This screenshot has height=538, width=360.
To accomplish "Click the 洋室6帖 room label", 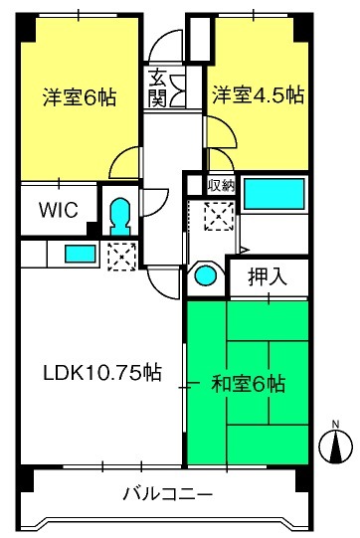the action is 80,96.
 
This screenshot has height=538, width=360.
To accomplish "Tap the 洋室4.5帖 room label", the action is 259,95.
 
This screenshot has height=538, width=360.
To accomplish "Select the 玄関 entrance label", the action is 157,88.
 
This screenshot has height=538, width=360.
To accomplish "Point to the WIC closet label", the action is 59,210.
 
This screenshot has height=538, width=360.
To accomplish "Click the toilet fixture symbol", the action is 120,217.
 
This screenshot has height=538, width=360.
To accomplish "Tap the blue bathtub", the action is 273,194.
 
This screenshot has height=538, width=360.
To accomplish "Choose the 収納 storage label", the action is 222,186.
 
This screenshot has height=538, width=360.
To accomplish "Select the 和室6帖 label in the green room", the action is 249,384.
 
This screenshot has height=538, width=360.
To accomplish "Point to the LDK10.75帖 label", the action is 102,372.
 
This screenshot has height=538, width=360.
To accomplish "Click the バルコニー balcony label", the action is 168,495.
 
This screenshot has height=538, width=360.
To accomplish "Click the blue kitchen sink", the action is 81,254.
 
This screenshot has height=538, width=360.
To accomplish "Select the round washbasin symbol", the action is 206,275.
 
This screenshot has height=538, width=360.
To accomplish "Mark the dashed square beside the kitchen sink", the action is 121,257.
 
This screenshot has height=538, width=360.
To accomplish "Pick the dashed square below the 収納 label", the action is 220,216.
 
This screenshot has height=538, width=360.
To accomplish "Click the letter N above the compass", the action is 335,424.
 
